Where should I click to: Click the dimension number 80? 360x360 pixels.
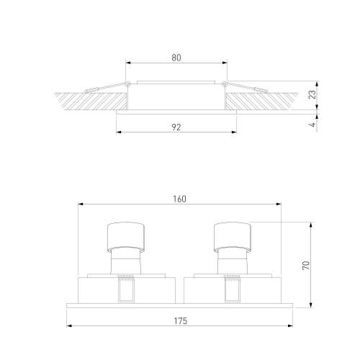click(176, 58)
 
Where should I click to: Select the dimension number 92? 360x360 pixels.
click(176, 127)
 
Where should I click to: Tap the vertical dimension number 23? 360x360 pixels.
click(312, 94)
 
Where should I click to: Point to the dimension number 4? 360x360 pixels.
click(312, 125)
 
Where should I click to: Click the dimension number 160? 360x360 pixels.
click(179, 199)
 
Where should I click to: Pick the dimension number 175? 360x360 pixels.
click(180, 321)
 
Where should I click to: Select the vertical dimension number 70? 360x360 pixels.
click(306, 266)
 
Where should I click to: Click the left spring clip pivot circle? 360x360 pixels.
click(128, 84)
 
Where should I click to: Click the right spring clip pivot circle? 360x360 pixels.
click(225, 84)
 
